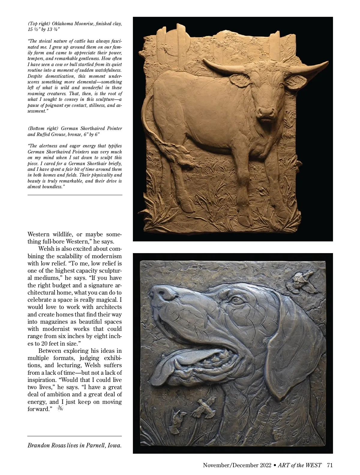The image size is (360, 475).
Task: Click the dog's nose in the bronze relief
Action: pos(162,292)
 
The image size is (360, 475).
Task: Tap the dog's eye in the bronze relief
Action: pos(236,300)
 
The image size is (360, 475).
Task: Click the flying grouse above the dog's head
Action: pos(303,280)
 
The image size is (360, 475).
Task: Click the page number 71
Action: pos(330,465)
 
